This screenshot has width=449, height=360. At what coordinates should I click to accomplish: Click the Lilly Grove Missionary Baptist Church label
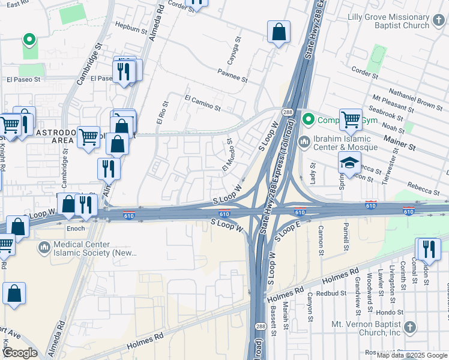tap(388, 21)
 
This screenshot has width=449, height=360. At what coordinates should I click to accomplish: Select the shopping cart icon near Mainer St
tap(351, 119)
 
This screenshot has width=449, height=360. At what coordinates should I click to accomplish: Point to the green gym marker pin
tap(309, 119)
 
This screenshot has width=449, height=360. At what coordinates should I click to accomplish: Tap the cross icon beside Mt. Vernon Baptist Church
tap(409, 327)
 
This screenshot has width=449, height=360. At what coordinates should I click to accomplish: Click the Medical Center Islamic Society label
tap(91, 248)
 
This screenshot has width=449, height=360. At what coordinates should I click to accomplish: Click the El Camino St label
tap(203, 103)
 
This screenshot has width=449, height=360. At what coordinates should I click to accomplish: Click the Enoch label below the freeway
tap(76, 229)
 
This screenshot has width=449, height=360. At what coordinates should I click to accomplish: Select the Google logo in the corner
tap(19, 352)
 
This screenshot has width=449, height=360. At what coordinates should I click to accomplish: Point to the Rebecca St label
tap(423, 189)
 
